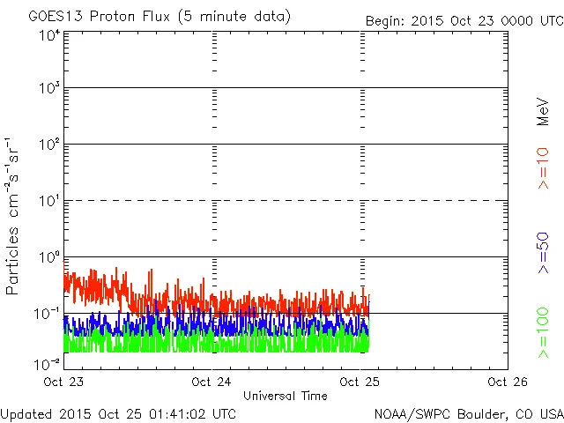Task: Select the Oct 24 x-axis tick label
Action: pos(212,382)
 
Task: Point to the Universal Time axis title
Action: pos(286,396)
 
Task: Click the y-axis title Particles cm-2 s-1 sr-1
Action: pos(15,217)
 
